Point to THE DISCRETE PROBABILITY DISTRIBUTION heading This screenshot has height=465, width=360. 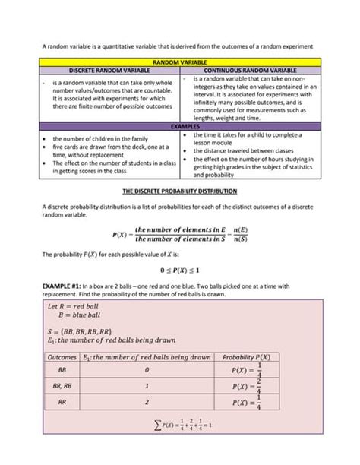click(181, 190)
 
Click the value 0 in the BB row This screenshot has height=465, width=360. click(147, 370)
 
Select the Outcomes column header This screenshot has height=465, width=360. click(62, 356)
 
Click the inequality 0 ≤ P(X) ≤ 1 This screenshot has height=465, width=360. click(181, 270)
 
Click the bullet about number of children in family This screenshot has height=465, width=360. click(94, 139)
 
